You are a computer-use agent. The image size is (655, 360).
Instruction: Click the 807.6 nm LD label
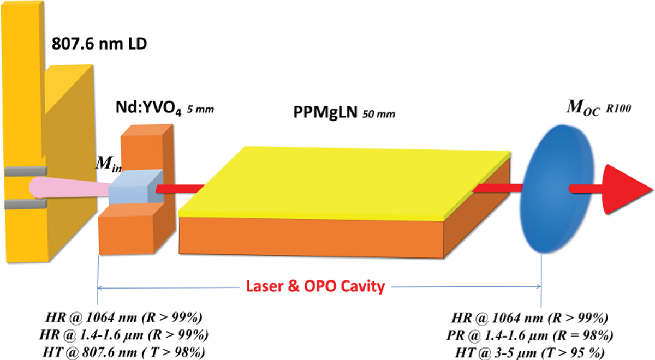click(99, 44)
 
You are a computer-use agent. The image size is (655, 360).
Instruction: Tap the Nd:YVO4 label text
click(149, 108)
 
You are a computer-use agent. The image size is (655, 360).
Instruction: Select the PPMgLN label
click(325, 112)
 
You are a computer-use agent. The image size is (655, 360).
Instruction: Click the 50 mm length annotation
click(379, 113)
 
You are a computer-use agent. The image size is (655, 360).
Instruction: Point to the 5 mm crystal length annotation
click(201, 109)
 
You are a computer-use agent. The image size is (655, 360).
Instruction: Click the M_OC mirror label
click(583, 107)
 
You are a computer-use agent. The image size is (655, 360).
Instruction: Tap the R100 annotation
click(618, 109)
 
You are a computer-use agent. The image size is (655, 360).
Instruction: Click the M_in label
click(109, 164)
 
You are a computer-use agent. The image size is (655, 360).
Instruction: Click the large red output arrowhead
click(626, 189)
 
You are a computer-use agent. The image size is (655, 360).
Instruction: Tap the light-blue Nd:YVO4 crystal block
click(136, 187)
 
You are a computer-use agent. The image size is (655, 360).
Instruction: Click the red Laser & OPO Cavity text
click(315, 286)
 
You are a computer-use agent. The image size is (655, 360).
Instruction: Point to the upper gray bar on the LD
click(26, 171)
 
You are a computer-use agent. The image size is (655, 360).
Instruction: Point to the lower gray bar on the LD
click(26, 204)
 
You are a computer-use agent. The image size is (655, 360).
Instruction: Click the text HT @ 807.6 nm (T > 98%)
click(124, 352)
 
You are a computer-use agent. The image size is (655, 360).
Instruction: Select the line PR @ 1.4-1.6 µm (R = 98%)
click(530, 335)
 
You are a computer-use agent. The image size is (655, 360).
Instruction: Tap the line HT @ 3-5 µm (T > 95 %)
click(530, 353)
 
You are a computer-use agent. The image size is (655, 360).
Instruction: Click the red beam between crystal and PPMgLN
click(180, 189)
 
